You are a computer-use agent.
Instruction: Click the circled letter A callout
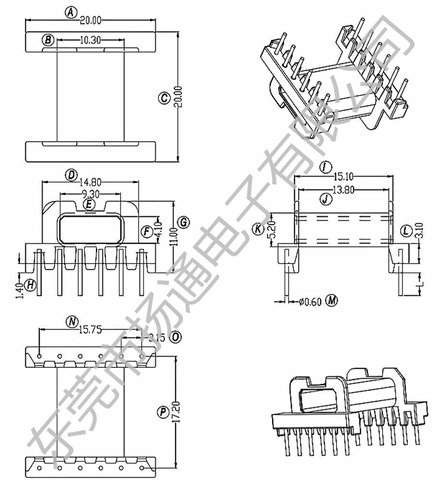(71, 12)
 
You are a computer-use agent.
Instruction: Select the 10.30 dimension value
(91, 40)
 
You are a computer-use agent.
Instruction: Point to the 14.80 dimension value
(91, 182)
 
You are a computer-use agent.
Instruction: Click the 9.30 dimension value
(91, 194)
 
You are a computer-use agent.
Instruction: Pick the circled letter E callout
(89, 204)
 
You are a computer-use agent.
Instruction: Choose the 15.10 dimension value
(343, 176)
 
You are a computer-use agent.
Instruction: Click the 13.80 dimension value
(343, 190)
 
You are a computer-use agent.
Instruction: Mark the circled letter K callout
(258, 229)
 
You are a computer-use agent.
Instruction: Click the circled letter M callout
(332, 301)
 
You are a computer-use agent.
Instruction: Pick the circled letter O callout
(175, 337)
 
